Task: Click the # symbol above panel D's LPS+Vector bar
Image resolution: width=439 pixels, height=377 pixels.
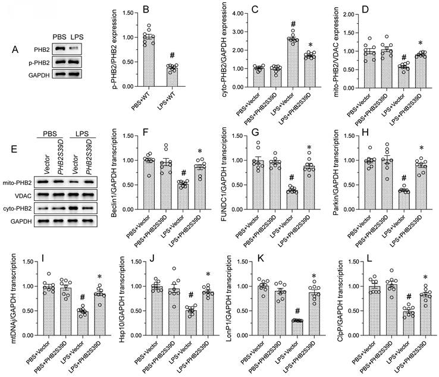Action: [386, 56]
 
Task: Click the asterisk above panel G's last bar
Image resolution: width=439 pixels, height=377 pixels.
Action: [308, 147]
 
